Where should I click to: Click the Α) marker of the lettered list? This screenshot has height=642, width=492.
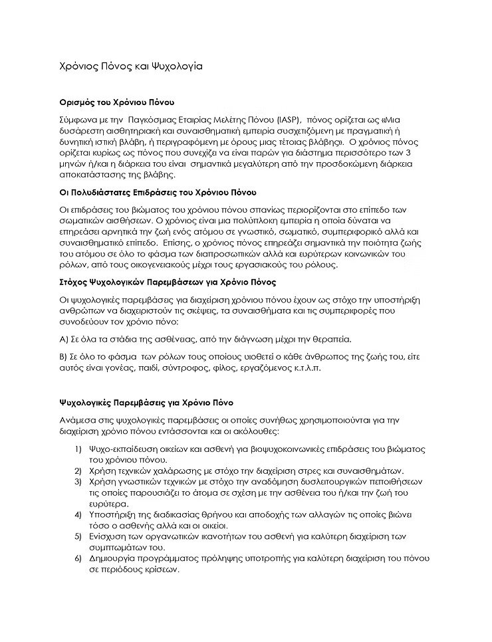click(x=64, y=339)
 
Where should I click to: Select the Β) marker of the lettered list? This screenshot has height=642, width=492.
click(x=64, y=357)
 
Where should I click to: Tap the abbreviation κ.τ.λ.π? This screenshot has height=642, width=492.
click(x=308, y=369)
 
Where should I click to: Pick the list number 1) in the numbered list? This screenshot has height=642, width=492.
click(x=78, y=449)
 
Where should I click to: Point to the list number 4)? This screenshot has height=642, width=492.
click(x=78, y=515)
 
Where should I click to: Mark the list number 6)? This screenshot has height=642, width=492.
click(x=78, y=559)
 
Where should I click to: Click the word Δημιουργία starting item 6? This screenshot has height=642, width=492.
click(x=114, y=559)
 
